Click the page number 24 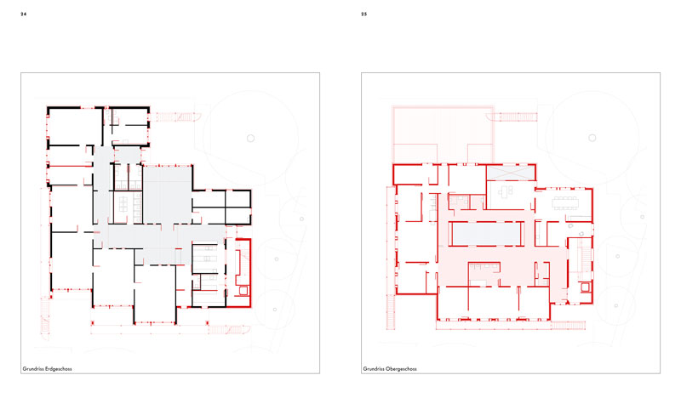pyautogui.click(x=24, y=14)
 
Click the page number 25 pyautogui.click(x=364, y=14)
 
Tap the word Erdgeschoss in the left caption pyautogui.click(x=59, y=369)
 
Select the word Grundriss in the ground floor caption pyautogui.click(x=33, y=369)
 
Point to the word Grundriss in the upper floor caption pyautogui.click(x=374, y=369)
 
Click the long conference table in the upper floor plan pyautogui.click(x=565, y=202)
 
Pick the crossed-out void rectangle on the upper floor pyautogui.click(x=510, y=173)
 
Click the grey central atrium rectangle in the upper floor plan pyautogui.click(x=486, y=234)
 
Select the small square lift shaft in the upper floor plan pyautogui.click(x=585, y=287)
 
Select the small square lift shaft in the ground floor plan pyautogui.click(x=243, y=290)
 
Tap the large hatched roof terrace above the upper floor pyautogui.click(x=443, y=134)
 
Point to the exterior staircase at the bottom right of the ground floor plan pyautogui.click(x=229, y=329)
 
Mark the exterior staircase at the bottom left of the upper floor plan pyautogui.click(x=391, y=312)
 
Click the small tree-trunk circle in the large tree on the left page pyautogui.click(x=250, y=139)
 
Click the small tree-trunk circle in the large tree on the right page pyautogui.click(x=592, y=138)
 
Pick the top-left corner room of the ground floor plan pyautogui.click(x=75, y=126)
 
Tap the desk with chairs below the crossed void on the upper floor pyautogui.click(x=505, y=191)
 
